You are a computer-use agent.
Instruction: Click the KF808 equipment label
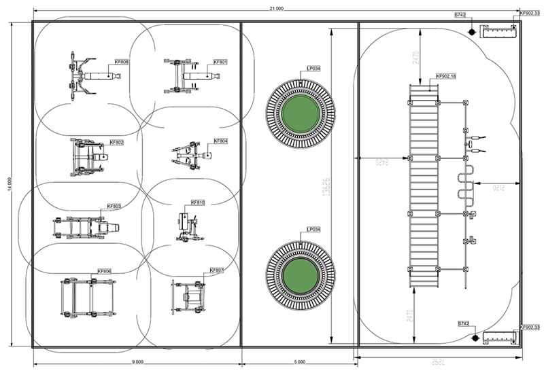tap(122, 62)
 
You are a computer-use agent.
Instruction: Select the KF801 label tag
tap(220, 62)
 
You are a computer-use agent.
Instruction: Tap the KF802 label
tap(116, 143)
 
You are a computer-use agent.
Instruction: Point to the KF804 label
tap(220, 141)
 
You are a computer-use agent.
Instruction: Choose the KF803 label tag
tap(114, 206)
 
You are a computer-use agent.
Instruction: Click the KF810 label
tap(198, 202)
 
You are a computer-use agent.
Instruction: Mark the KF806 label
tap(104, 271)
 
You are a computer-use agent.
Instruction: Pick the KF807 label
tap(217, 270)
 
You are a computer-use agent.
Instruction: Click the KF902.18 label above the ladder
tap(446, 76)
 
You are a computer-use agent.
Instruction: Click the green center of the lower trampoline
tap(300, 274)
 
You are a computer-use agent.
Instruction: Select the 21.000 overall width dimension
tap(275, 8)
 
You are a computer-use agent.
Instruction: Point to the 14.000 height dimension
tap(9, 185)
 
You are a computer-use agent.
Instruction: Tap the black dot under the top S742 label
tap(471, 31)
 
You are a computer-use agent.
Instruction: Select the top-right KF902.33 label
tap(530, 12)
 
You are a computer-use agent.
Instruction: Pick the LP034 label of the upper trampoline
tap(314, 69)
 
